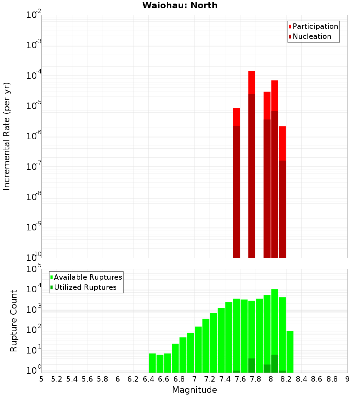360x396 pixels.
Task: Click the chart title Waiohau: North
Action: coord(180,5)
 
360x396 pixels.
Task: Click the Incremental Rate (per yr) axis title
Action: coord(7,136)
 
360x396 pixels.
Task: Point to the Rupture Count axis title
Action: coord(14,321)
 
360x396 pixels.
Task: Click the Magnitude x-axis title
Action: coord(194,390)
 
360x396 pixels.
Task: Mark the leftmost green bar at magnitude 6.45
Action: coord(152,363)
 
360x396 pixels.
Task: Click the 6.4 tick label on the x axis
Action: coord(149,379)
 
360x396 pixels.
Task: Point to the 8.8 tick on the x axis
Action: coord(332,379)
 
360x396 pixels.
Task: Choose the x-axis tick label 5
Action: coord(41,379)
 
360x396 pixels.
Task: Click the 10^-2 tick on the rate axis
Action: coord(34,15)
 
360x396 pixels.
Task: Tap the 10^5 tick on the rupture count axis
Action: coord(34,269)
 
